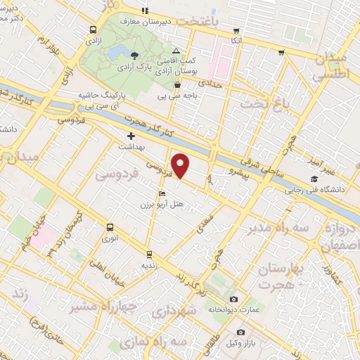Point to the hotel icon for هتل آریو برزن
coord(162,193)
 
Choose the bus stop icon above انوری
coord(109,227)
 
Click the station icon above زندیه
coord(148,254)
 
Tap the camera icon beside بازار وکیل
coord(240,332)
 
